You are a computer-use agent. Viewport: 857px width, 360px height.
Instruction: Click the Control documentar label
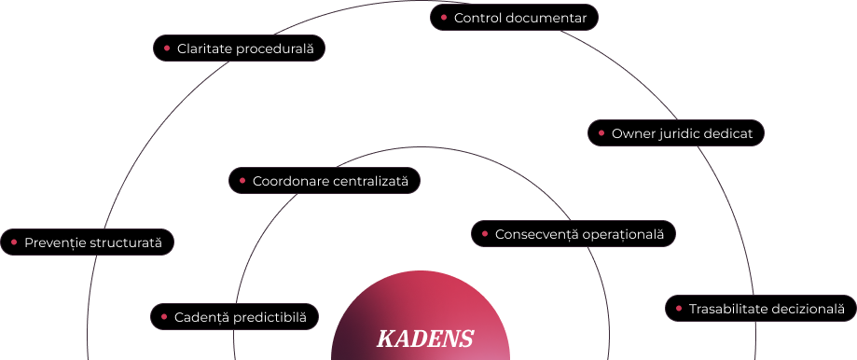click(514, 18)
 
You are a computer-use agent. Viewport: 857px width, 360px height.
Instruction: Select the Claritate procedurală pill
click(239, 48)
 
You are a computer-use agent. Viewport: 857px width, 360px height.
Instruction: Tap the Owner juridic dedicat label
click(675, 132)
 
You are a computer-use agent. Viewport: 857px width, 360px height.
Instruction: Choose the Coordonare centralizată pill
click(325, 180)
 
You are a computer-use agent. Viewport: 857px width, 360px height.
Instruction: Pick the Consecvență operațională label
click(574, 234)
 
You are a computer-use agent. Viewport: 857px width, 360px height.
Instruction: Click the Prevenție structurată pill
click(87, 242)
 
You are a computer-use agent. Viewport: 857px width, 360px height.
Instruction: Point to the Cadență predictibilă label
click(234, 317)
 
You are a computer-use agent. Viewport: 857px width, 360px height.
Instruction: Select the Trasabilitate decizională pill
click(760, 308)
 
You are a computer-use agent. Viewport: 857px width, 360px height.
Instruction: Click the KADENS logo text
click(424, 339)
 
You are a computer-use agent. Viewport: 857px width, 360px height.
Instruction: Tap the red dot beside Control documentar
click(444, 18)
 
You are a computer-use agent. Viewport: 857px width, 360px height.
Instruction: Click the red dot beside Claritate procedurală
click(167, 48)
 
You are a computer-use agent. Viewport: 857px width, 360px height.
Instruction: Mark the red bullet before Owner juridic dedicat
click(601, 132)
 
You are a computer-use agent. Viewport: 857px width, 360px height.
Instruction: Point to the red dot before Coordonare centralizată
click(242, 180)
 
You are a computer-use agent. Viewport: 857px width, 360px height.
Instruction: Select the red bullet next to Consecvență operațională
click(485, 234)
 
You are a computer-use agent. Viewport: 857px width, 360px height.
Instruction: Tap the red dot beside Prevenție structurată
click(14, 242)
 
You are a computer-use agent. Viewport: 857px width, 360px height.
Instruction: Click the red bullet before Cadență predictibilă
click(164, 317)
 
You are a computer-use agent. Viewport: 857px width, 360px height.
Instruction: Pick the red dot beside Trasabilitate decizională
click(678, 308)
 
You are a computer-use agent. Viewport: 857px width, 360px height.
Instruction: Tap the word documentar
click(546, 18)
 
